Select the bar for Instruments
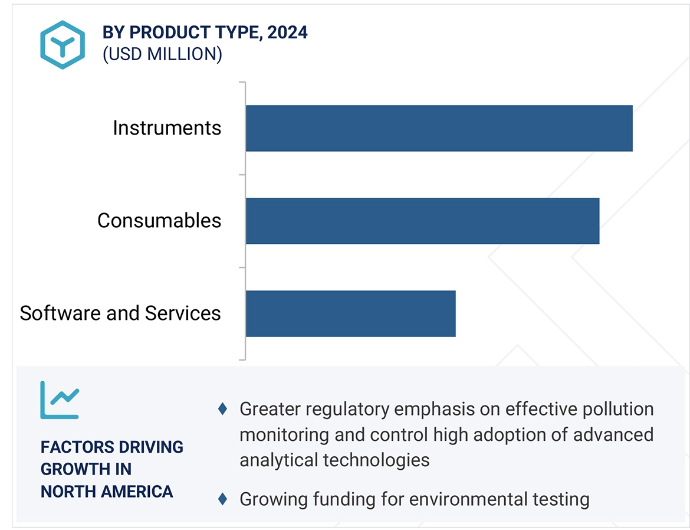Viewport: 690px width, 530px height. (439, 128)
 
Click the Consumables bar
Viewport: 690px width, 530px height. (422, 221)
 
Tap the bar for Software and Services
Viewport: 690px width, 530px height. (350, 313)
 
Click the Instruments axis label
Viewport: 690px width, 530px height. (167, 128)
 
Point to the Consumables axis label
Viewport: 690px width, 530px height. (159, 221)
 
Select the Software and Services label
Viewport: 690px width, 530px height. (120, 313)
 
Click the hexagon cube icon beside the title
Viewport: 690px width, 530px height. (62, 45)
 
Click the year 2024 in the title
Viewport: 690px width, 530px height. (287, 32)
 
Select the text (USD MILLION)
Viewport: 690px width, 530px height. (162, 54)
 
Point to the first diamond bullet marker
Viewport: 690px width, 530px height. (222, 408)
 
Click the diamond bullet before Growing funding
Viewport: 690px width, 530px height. (222, 499)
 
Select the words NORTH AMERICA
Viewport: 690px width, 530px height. (107, 492)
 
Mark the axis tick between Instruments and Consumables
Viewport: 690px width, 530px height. (242, 175)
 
